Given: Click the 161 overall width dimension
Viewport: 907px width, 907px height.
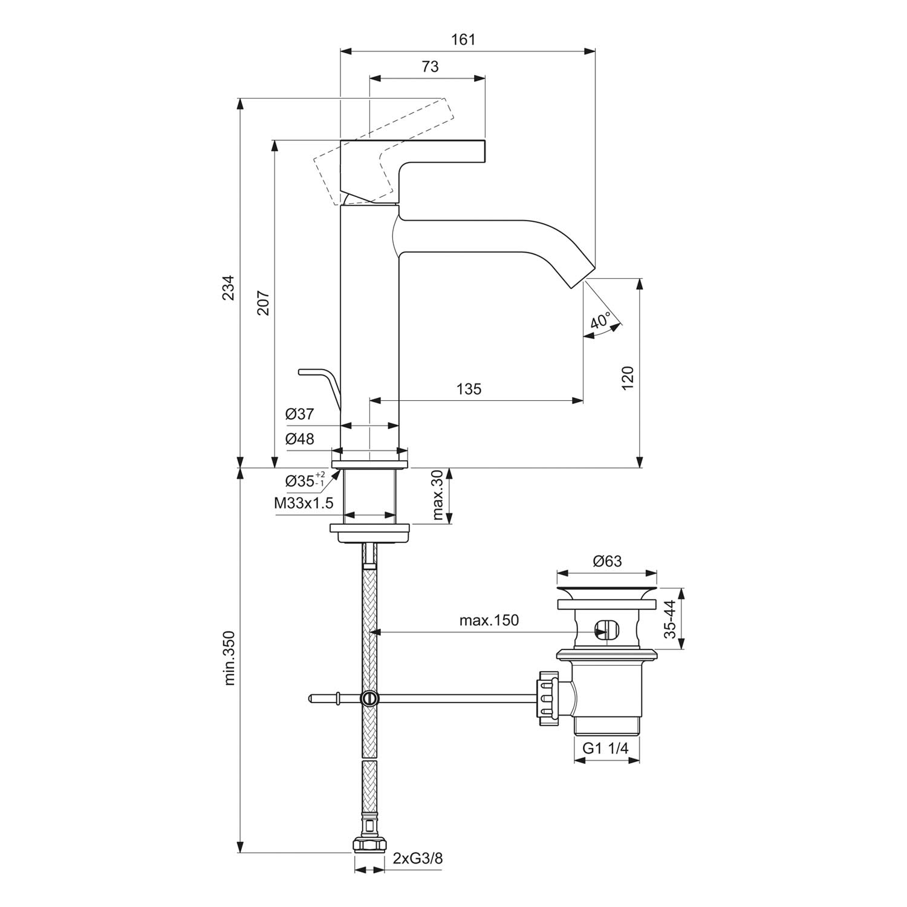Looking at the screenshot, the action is [463, 40].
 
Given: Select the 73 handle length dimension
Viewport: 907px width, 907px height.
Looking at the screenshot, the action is [430, 67].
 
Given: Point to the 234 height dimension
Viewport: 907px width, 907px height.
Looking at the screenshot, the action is [228, 287].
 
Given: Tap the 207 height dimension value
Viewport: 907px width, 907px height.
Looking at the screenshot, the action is [263, 304].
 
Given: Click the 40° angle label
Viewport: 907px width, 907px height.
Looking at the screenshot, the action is [600, 320].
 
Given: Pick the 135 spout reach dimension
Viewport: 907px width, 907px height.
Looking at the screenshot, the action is [469, 389].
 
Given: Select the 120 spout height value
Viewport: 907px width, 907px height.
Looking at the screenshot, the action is [628, 378].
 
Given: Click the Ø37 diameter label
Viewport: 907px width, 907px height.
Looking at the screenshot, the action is [300, 414].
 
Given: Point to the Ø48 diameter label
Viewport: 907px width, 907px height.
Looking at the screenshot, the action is [300, 439].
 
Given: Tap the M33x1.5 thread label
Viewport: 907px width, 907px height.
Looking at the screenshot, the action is [304, 502].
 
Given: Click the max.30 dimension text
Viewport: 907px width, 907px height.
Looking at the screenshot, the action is [439, 496].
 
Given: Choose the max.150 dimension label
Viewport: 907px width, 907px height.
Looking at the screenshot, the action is [489, 620].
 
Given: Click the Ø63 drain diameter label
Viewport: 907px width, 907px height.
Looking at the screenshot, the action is [607, 561].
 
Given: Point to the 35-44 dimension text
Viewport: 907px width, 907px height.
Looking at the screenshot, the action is [669, 619].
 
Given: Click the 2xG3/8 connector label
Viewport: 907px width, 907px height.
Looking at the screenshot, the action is [418, 859].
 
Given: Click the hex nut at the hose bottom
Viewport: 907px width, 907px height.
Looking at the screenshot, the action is [369, 844].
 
